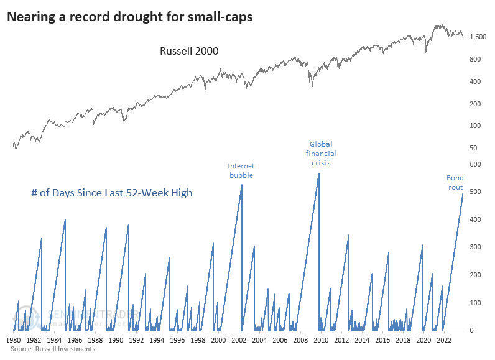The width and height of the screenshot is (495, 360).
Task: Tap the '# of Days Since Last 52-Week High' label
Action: [111, 193]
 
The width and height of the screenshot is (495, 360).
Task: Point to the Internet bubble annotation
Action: [241, 170]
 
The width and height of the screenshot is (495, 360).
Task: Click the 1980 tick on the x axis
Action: [14, 340]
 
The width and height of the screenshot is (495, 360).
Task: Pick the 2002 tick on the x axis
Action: [239, 340]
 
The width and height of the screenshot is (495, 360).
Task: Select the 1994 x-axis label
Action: [157, 340]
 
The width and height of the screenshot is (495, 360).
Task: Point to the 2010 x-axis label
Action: [321, 340]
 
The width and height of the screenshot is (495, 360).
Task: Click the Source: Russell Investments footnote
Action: [52, 349]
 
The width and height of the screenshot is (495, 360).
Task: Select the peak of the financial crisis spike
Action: [318, 173]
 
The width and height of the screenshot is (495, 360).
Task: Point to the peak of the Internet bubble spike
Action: [241, 185]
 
